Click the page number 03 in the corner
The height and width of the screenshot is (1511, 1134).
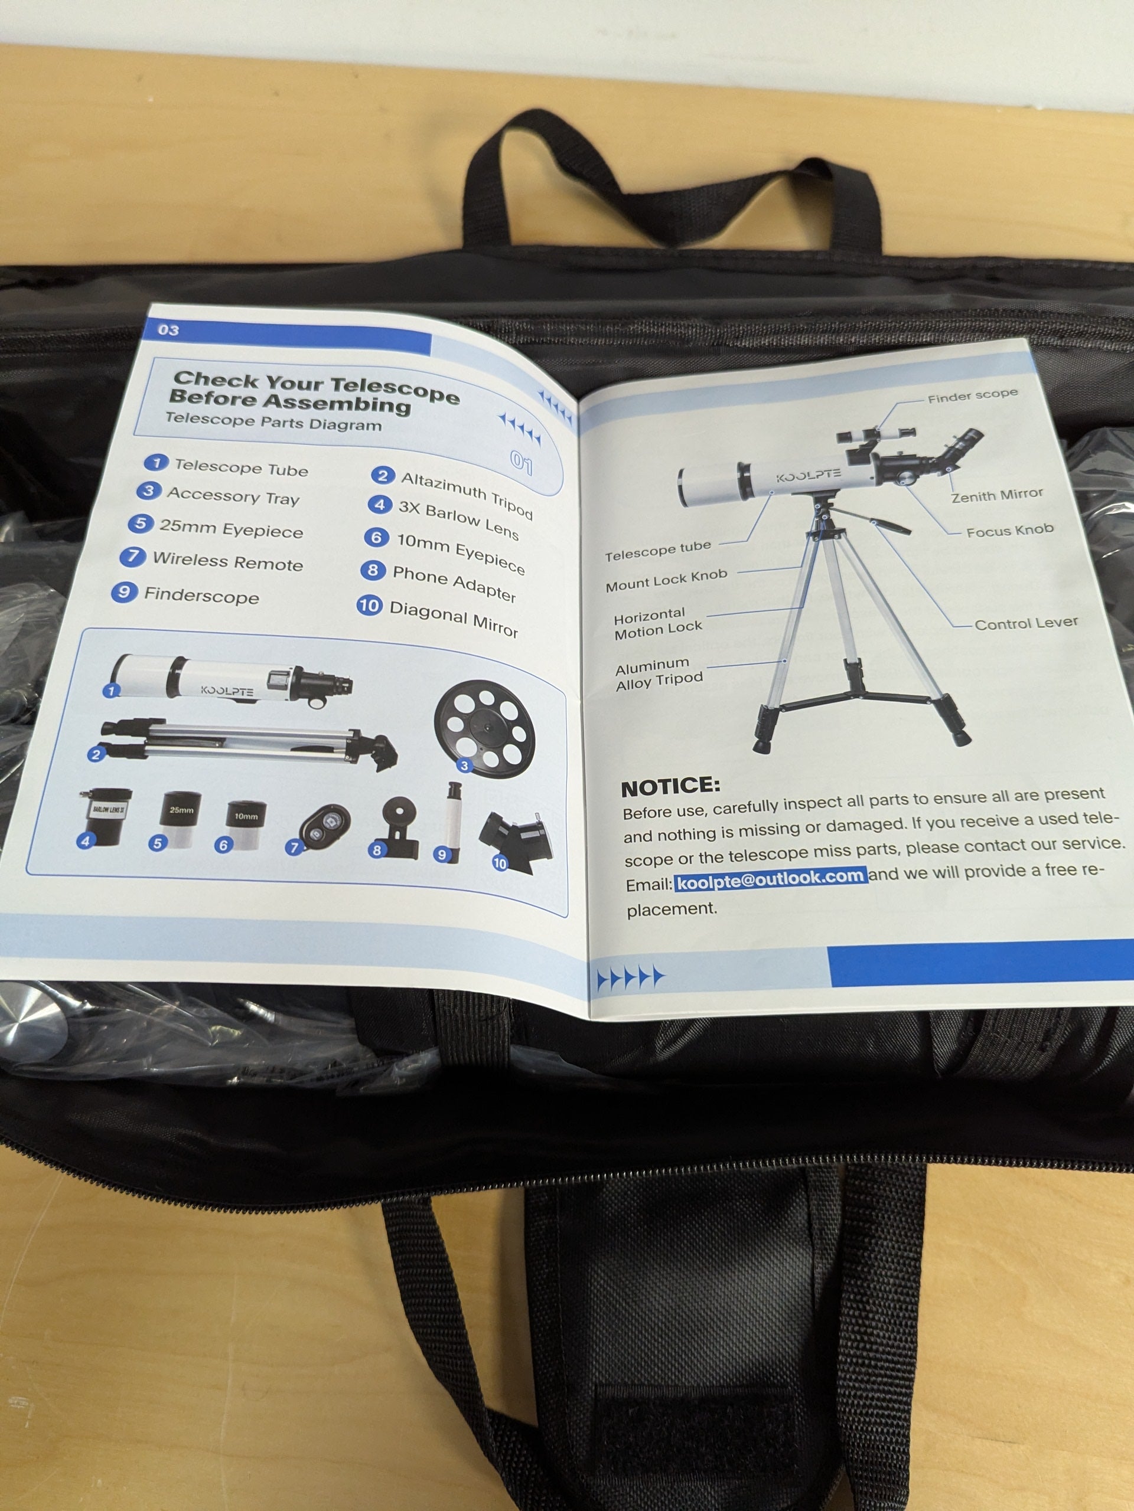click(168, 330)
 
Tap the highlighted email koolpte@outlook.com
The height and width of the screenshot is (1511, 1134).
click(771, 878)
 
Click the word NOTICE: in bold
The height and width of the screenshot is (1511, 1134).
click(670, 787)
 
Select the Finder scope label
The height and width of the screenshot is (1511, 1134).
click(973, 395)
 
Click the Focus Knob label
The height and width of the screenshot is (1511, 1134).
click(1009, 531)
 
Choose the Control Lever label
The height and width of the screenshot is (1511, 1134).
click(1026, 623)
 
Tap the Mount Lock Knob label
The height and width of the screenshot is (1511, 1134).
click(666, 580)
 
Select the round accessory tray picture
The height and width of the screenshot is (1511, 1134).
click(485, 729)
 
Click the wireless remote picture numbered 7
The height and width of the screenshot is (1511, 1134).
click(325, 828)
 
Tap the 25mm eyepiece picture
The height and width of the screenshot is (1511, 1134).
click(181, 818)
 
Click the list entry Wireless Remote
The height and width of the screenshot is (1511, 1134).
click(227, 561)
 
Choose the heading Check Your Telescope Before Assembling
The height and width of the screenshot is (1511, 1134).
click(314, 392)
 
